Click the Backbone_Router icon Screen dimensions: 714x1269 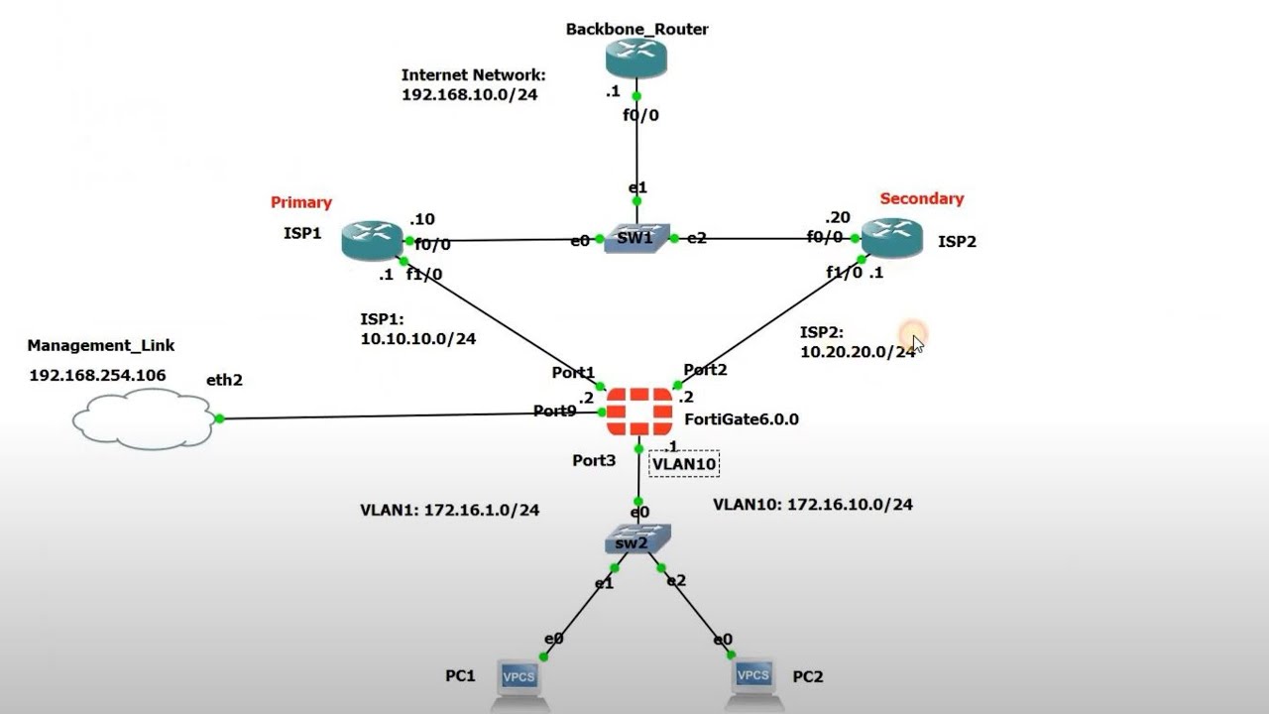[x=635, y=59]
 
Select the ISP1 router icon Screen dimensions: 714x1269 [x=372, y=240]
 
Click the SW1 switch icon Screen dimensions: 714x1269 [x=636, y=238]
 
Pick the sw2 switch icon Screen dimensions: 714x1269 [x=637, y=540]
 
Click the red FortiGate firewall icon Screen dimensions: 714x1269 [x=638, y=412]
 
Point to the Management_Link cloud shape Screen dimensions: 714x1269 [x=144, y=418]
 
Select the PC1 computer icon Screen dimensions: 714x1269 [x=519, y=681]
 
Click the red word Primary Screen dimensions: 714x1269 [x=301, y=202]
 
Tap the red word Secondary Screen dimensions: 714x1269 [x=921, y=198]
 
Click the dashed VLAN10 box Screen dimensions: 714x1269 [x=683, y=463]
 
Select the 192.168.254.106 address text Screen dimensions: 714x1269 [x=97, y=375]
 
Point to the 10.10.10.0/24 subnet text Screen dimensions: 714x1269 [x=417, y=338]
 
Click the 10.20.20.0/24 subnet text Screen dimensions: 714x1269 [x=858, y=351]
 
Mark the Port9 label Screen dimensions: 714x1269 [x=554, y=411]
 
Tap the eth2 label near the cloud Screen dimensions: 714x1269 [x=224, y=380]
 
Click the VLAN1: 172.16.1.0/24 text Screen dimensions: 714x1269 [x=449, y=510]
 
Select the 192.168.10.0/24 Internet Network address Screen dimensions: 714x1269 [x=469, y=95]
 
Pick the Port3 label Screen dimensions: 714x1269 [x=594, y=460]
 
